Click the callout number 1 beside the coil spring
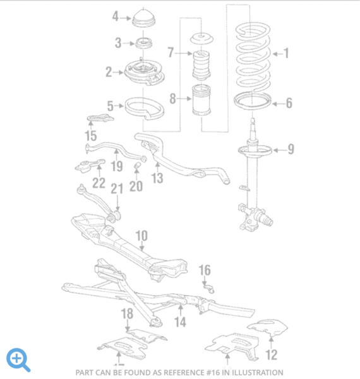[x=286, y=54]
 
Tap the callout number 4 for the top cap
[x=116, y=16]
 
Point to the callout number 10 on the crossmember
[x=141, y=236]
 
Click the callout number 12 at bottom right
[x=272, y=354]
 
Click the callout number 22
[x=99, y=183]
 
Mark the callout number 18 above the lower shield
[x=127, y=313]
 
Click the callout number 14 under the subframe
[x=181, y=322]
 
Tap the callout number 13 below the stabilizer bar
[x=157, y=178]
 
